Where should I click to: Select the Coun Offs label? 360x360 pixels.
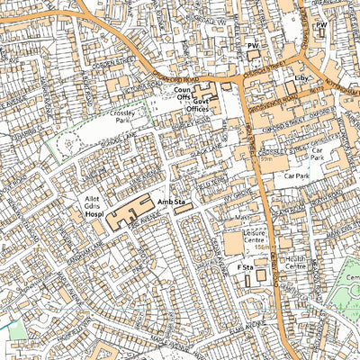183,94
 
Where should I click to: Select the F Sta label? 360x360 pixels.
242,269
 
